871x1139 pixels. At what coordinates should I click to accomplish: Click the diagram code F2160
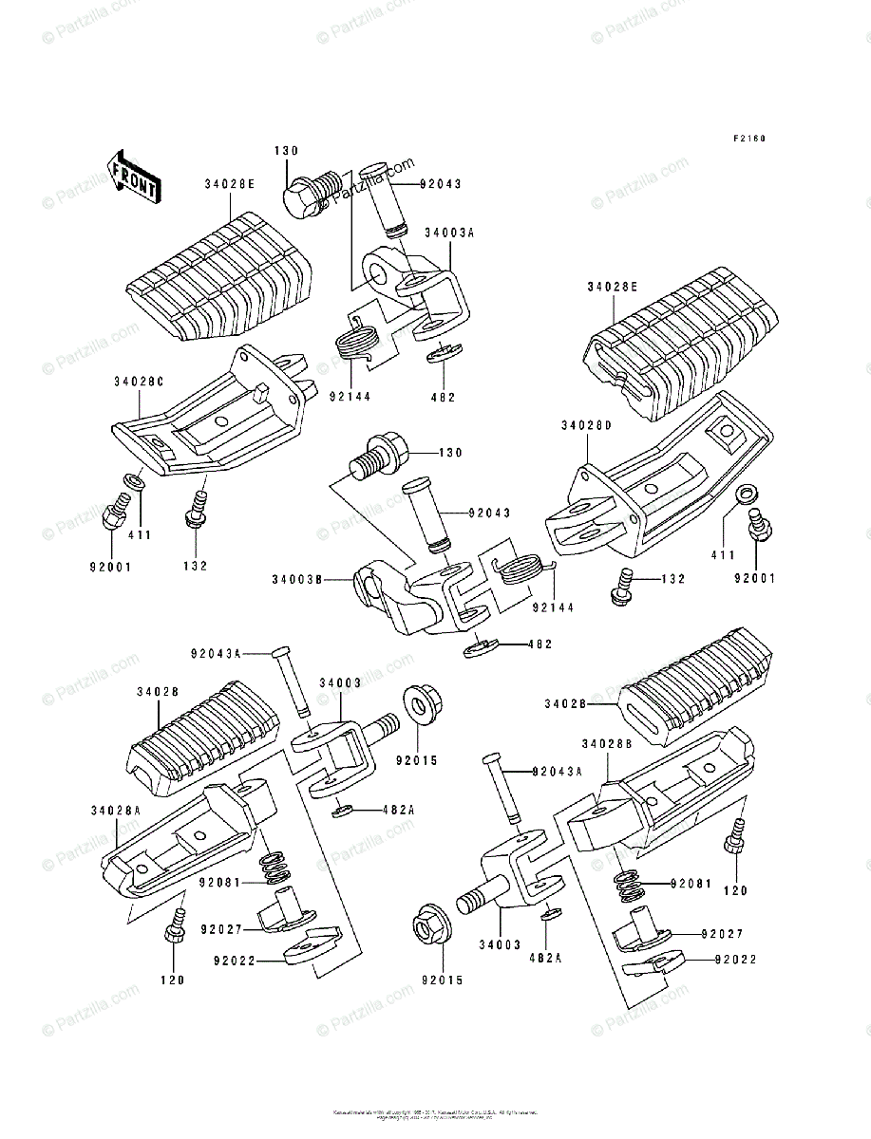pos(748,139)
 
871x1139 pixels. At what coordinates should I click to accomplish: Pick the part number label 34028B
pos(608,742)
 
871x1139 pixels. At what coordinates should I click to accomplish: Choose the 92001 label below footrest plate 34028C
pos(112,567)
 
